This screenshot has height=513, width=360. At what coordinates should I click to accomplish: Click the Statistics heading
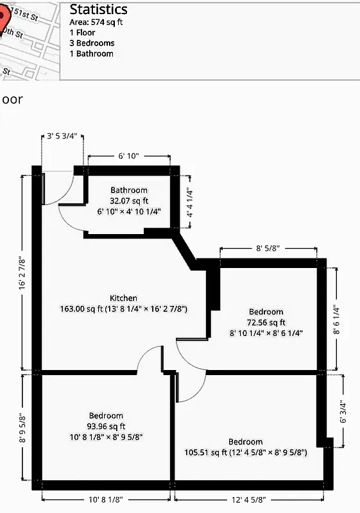pyautogui.click(x=98, y=10)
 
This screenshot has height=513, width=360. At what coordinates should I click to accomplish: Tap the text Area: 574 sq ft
pyautogui.click(x=96, y=22)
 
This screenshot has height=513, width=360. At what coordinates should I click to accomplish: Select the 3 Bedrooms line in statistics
pyautogui.click(x=92, y=43)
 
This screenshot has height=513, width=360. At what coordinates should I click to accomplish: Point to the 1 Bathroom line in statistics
pyautogui.click(x=91, y=54)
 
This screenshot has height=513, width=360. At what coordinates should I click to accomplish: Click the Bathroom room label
pyautogui.click(x=128, y=190)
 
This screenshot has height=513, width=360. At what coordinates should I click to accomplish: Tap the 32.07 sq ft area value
pyautogui.click(x=128, y=201)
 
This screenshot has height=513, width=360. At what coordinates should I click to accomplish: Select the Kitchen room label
pyautogui.click(x=123, y=298)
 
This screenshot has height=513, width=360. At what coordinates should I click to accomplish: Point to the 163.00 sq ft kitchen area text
pyautogui.click(x=123, y=309)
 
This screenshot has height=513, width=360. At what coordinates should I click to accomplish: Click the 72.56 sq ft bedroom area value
pyautogui.click(x=266, y=323)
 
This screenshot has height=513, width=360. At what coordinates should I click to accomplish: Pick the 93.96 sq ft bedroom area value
pyautogui.click(x=106, y=426)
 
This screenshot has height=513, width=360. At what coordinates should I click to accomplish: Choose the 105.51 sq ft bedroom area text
pyautogui.click(x=244, y=453)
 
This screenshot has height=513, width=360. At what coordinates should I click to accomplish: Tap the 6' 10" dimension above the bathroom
pyautogui.click(x=128, y=156)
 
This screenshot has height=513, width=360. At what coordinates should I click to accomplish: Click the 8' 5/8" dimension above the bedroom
pyautogui.click(x=268, y=248)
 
